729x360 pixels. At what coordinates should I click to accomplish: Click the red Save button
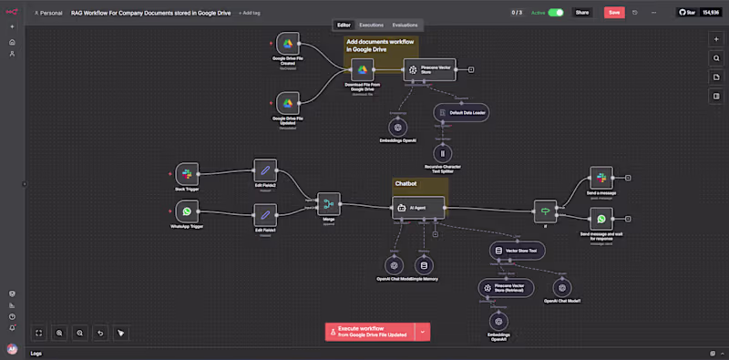click(613, 13)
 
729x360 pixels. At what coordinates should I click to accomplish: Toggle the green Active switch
click(555, 13)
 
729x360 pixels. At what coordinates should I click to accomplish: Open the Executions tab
click(371, 25)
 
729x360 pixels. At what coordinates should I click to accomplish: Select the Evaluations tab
click(406, 25)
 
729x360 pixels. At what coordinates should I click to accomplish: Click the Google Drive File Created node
click(288, 44)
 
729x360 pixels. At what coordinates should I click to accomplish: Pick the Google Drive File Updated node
click(288, 102)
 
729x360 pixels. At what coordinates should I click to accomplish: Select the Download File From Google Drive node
click(362, 69)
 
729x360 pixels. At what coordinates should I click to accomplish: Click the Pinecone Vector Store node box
click(428, 69)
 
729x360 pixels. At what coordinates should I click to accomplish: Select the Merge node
click(328, 203)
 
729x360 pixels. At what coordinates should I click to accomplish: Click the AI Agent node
click(417, 208)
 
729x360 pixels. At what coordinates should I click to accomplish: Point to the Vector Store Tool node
click(516, 250)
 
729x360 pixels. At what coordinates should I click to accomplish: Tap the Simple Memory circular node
click(424, 265)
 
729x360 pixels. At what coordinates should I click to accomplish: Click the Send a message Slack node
click(601, 178)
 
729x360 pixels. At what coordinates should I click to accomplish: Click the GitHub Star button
click(697, 13)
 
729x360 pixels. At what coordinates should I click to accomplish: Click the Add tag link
click(249, 13)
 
